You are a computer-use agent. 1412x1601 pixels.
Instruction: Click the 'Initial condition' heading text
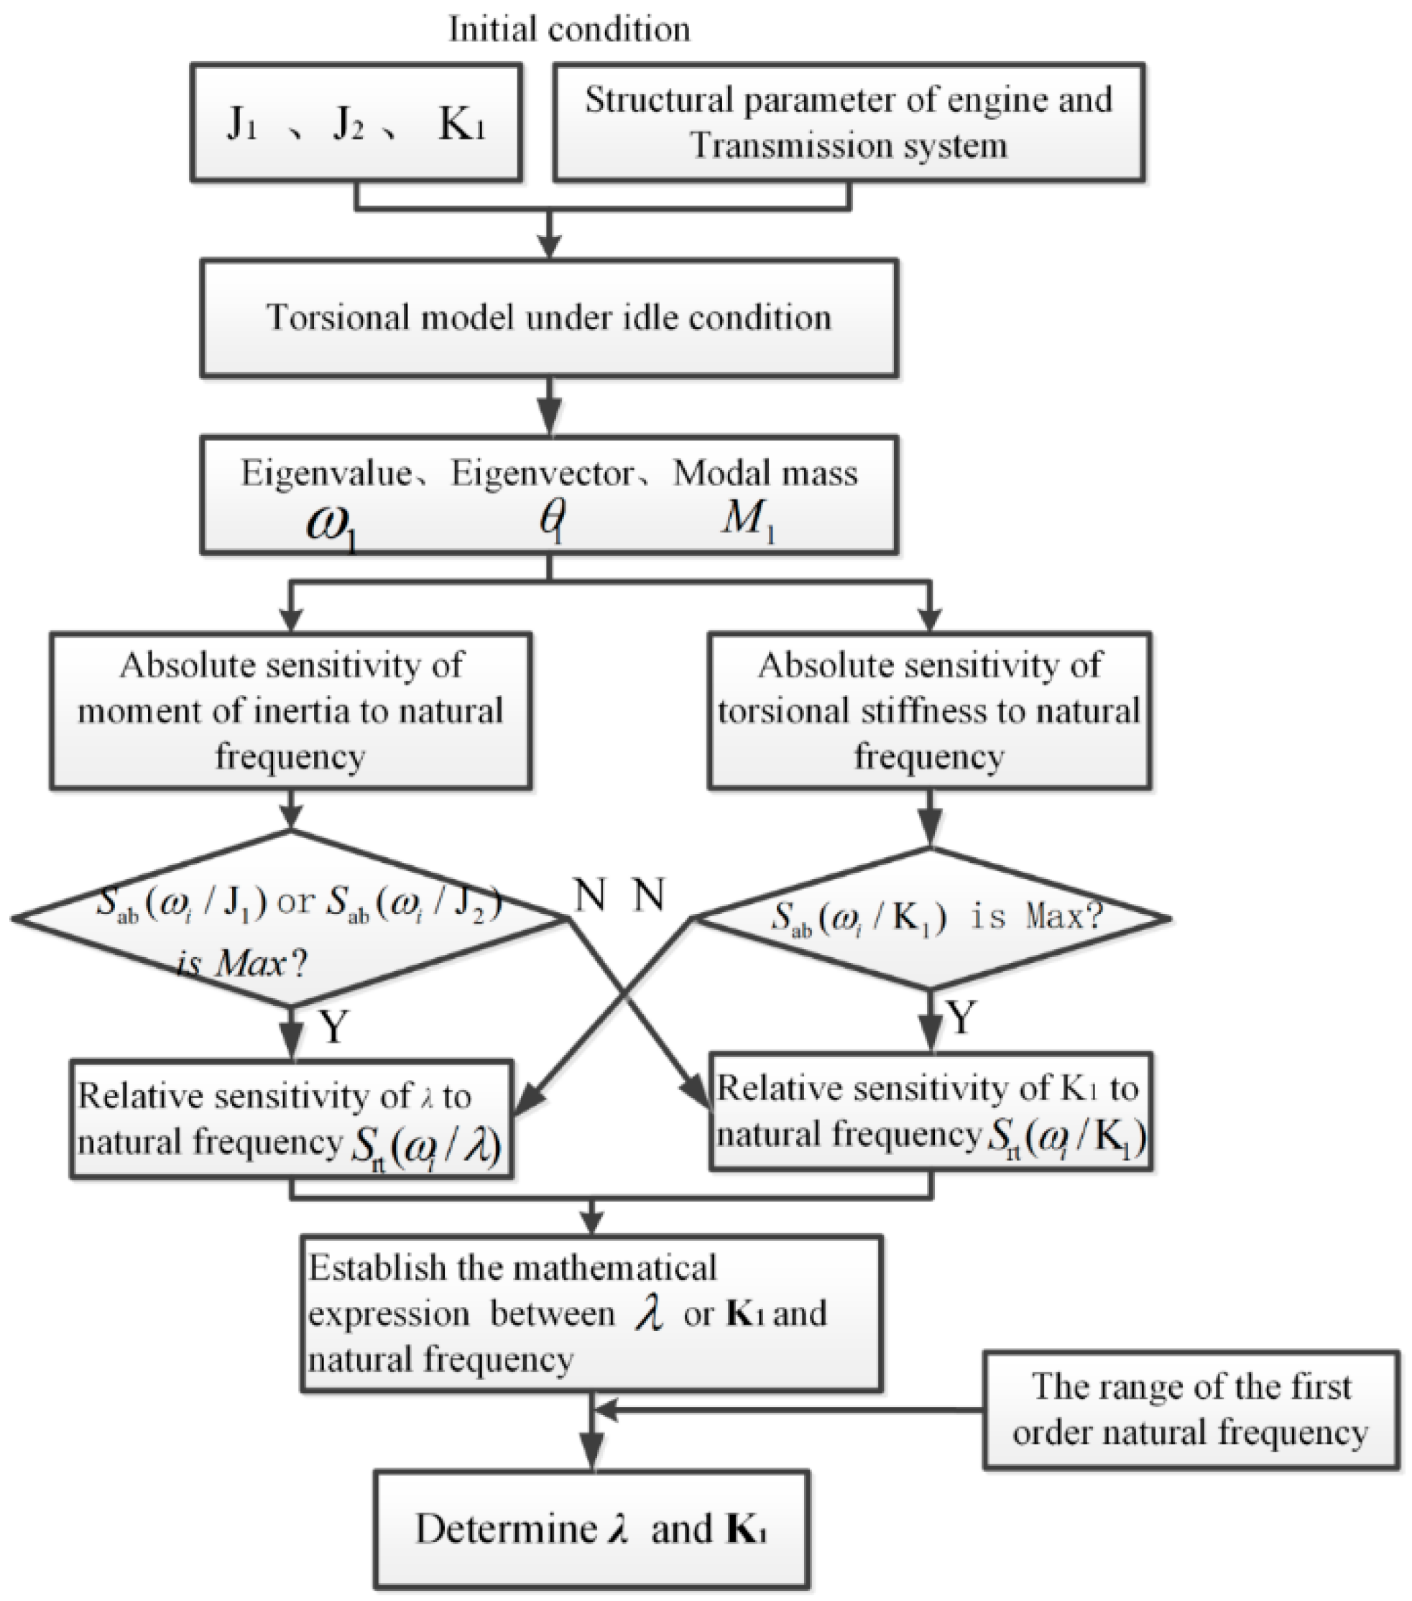pos(569,29)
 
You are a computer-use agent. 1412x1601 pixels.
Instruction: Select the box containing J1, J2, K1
pos(356,123)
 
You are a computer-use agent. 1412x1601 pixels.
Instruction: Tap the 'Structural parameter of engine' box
pos(848,123)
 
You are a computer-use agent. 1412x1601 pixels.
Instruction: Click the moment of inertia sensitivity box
pos(290,711)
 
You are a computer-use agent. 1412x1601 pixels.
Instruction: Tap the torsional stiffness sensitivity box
pos(929,711)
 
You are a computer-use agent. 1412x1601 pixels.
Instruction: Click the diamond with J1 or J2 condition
pos(290,919)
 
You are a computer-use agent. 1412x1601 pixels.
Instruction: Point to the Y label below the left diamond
pos(333,1026)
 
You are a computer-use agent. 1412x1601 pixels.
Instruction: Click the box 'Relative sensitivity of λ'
pos(290,1120)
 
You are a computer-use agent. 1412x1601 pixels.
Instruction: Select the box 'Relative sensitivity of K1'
pos(931,1112)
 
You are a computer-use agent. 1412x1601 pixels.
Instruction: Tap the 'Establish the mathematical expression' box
pos(592,1314)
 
